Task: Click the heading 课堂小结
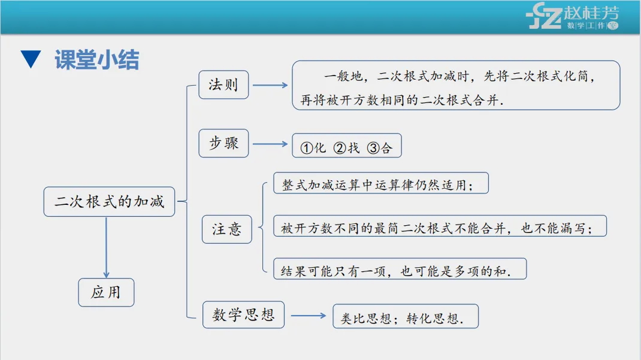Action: [97, 60]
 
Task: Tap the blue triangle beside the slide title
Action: [30, 59]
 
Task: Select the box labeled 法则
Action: [223, 85]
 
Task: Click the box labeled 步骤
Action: [223, 143]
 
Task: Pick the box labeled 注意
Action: [226, 228]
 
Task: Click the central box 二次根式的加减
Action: [109, 201]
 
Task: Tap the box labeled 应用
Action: [106, 292]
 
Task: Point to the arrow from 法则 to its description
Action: [270, 85]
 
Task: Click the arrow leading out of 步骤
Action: [270, 144]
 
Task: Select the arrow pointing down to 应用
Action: [107, 247]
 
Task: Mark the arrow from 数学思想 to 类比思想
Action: [308, 316]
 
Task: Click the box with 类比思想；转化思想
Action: [406, 317]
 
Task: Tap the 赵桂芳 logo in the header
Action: [573, 17]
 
